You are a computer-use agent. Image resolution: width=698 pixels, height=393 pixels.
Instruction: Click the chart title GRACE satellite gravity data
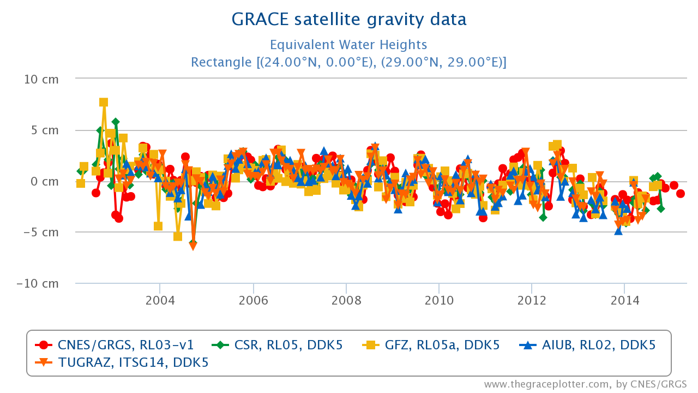349,20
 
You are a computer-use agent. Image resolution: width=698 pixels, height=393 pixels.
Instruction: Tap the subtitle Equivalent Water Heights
348,45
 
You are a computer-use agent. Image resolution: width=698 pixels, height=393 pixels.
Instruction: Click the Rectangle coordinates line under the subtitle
348,62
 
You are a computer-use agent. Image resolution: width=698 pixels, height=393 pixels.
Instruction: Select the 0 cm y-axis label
45,181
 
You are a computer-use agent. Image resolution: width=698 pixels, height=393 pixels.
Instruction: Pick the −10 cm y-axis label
38,284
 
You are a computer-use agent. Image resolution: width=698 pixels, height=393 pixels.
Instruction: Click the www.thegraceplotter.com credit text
585,384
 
